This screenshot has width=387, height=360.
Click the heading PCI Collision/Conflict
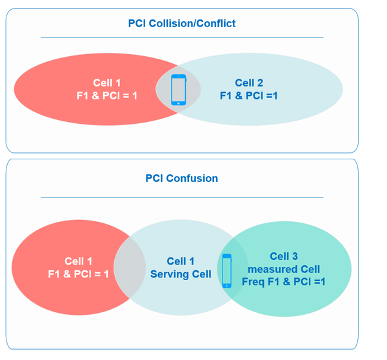pyautogui.click(x=182, y=24)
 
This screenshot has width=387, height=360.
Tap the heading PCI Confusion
pyautogui.click(x=182, y=178)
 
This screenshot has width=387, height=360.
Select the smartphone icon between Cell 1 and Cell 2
pyautogui.click(x=178, y=90)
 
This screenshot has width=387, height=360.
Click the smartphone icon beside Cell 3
pyautogui.click(x=226, y=270)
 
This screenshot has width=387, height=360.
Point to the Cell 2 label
pyautogui.click(x=248, y=83)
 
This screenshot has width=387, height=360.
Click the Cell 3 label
pyautogui.click(x=283, y=256)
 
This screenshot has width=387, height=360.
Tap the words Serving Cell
pyautogui.click(x=181, y=274)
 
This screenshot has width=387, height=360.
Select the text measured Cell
pyautogui.click(x=284, y=268)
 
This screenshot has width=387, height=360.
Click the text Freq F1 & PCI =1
pyautogui.click(x=284, y=281)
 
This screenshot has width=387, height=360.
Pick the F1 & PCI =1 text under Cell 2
pyautogui.click(x=248, y=95)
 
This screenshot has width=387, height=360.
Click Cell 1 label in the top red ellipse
pyautogui.click(x=106, y=83)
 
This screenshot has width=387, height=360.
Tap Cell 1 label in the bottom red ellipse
pyautogui.click(x=78, y=261)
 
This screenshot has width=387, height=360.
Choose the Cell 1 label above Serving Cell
pyautogui.click(x=181, y=261)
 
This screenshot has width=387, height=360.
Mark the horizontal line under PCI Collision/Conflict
pyautogui.click(x=182, y=37)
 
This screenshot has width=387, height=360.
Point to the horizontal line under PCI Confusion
pyautogui.click(x=182, y=197)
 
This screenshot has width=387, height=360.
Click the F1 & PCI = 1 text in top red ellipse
pyautogui.click(x=106, y=95)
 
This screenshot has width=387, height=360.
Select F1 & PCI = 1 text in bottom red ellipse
pyautogui.click(x=78, y=274)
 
